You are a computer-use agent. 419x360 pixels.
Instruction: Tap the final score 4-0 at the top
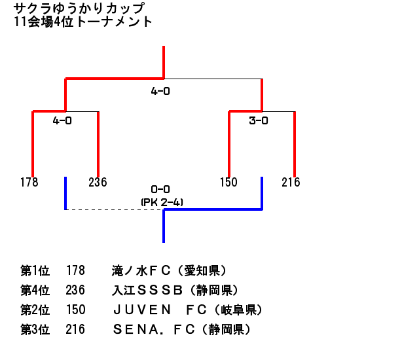click(160, 92)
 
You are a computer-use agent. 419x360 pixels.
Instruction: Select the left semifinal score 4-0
click(62, 120)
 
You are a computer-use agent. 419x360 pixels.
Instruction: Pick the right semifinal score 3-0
click(259, 120)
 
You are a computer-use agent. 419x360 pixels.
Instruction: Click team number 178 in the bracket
click(29, 182)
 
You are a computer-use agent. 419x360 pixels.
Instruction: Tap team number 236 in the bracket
click(98, 182)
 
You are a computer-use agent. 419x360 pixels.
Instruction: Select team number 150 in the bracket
click(228, 182)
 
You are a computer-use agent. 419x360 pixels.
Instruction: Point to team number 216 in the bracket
click(291, 182)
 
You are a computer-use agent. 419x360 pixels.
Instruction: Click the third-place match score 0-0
click(160, 190)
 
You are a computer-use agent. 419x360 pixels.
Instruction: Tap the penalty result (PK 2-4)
click(162, 202)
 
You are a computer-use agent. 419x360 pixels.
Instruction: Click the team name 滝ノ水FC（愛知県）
click(170, 271)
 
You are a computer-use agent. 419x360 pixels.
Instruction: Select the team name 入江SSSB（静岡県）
click(175, 291)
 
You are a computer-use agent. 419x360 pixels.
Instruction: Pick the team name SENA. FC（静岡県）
click(181, 330)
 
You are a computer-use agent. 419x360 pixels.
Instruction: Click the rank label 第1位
click(35, 271)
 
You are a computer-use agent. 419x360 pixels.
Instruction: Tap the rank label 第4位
click(35, 291)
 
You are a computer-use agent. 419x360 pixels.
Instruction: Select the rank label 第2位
click(35, 310)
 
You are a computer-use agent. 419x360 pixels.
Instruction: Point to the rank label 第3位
click(35, 330)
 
